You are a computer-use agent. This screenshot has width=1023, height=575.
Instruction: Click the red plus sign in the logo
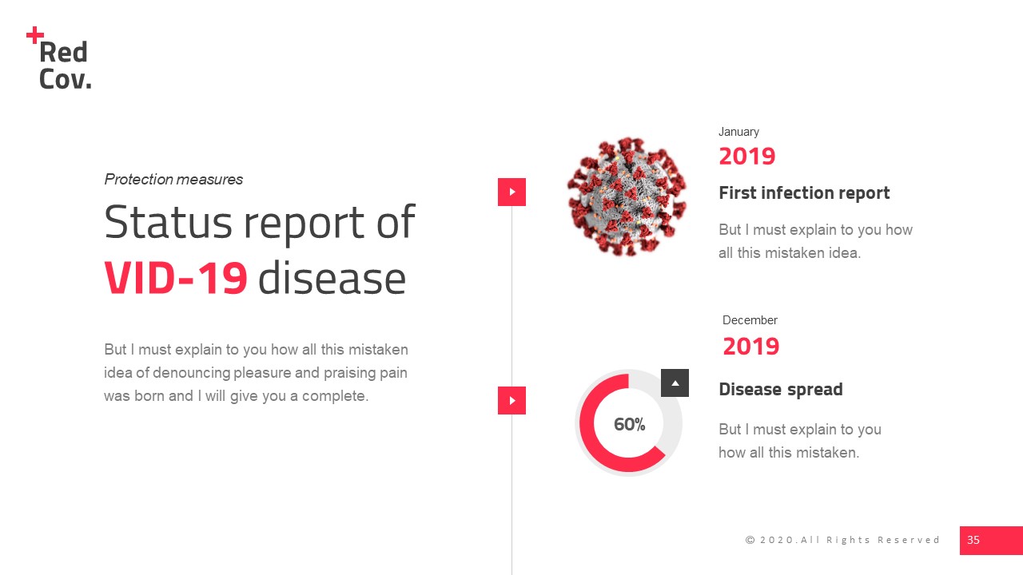click(35, 35)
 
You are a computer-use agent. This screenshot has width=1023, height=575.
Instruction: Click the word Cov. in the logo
click(65, 79)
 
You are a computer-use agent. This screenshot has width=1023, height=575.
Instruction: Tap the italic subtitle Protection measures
click(173, 180)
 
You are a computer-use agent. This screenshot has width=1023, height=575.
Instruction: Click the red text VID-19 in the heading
click(176, 279)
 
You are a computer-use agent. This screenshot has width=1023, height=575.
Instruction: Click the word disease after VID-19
click(332, 279)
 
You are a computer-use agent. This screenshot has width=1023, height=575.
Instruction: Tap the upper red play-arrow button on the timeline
click(511, 192)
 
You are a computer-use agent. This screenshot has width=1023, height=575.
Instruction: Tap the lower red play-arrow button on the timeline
click(511, 400)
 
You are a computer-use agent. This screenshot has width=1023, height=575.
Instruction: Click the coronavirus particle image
click(627, 196)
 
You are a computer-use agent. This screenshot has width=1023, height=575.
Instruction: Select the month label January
click(738, 132)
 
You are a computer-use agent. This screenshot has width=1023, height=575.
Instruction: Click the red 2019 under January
click(747, 156)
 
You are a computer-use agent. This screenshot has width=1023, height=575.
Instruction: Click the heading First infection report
click(804, 193)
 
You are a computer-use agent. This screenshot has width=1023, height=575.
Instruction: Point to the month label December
click(750, 320)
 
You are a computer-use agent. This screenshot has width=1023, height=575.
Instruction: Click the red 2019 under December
click(751, 347)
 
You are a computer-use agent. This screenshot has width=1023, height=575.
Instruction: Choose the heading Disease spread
click(781, 390)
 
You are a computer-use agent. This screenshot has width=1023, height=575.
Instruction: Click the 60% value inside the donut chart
click(629, 425)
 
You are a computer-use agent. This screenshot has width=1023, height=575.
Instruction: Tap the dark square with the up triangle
click(675, 383)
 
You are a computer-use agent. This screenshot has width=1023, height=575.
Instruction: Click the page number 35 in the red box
click(973, 541)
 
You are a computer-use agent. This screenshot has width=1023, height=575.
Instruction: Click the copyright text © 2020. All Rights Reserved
click(842, 541)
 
